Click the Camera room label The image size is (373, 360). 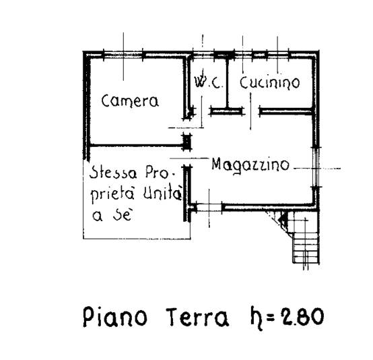pos(130,102)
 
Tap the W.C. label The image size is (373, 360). pos(208,82)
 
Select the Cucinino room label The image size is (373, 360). pos(269,83)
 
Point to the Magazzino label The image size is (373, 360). pos(250,164)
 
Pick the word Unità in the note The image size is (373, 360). pos(162,193)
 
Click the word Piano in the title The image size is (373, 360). pos(115,318)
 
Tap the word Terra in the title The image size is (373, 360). pos(197,318)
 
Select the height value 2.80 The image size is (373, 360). pos(302,316)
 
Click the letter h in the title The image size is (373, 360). pos(257,319)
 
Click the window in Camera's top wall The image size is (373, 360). pos(123,55)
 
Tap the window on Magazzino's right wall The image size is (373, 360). pos(315,167)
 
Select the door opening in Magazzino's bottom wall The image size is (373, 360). pos(209,207)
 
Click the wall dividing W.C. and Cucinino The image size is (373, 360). pos(227,83)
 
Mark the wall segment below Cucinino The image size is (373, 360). pos(285,111)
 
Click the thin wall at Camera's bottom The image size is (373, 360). pos(136,145)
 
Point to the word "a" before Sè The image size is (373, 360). pos(98,217)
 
